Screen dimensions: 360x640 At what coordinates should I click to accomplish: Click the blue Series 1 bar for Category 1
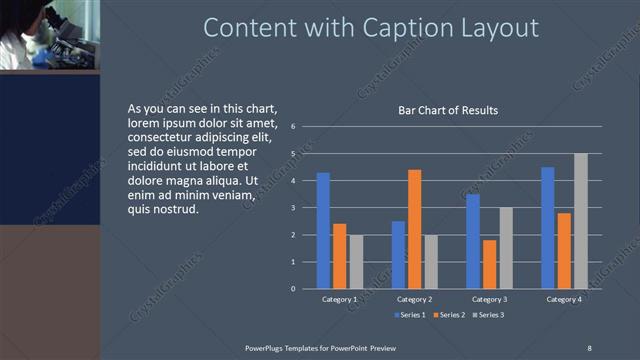pyautogui.click(x=323, y=231)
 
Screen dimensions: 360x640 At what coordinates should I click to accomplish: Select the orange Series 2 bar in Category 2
pyautogui.click(x=414, y=229)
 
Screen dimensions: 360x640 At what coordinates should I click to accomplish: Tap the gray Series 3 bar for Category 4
pyautogui.click(x=580, y=221)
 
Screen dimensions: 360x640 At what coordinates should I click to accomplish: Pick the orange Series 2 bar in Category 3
pyautogui.click(x=489, y=264)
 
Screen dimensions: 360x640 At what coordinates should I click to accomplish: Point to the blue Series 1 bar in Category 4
pyautogui.click(x=547, y=228)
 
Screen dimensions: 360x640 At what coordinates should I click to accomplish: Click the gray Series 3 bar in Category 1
pyautogui.click(x=356, y=262)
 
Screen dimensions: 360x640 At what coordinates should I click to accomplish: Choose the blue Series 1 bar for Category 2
pyautogui.click(x=398, y=255)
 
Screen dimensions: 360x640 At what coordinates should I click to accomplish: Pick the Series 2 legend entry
pyautogui.click(x=448, y=315)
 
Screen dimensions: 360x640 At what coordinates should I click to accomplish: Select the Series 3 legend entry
pyautogui.click(x=487, y=315)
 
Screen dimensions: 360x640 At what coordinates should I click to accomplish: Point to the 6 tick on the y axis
pyautogui.click(x=293, y=127)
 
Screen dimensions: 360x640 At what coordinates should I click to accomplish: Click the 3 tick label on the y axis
pyautogui.click(x=293, y=208)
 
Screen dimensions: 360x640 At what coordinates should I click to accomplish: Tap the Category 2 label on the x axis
pyautogui.click(x=414, y=299)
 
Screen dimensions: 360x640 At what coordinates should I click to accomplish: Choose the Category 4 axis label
pyautogui.click(x=564, y=299)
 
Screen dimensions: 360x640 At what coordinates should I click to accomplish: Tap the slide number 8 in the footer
pyautogui.click(x=589, y=347)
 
